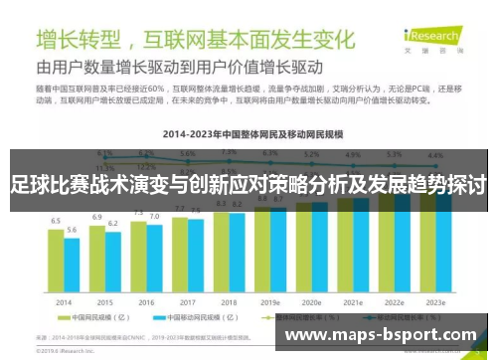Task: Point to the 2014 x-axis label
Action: click(x=64, y=301)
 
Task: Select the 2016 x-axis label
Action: click(x=146, y=301)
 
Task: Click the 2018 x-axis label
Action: click(x=229, y=301)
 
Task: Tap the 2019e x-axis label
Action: click(x=269, y=301)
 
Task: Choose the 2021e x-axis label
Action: click(x=352, y=301)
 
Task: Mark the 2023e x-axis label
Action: click(x=434, y=301)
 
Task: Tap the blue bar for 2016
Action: click(x=154, y=260)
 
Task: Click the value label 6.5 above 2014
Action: click(x=56, y=221)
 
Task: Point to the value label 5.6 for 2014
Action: click(x=72, y=230)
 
